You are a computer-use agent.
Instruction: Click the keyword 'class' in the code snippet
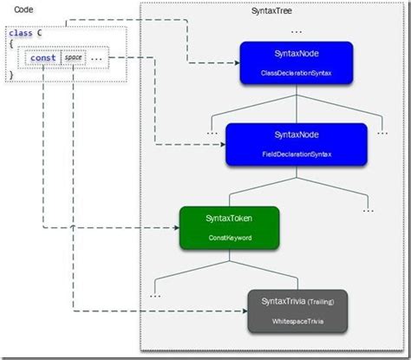pos(22,33)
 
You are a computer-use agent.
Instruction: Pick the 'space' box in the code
pos(73,59)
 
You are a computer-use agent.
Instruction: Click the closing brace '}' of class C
pos(11,75)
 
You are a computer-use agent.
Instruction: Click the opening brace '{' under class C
pos(11,44)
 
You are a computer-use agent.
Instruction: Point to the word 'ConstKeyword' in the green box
pos(228,237)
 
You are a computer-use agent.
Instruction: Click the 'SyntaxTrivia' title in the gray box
pos(283,301)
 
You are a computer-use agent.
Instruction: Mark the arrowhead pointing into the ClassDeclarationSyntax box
pos(237,62)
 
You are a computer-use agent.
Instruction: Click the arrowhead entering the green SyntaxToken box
pos(175,229)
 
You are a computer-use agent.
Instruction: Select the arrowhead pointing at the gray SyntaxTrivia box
pos(245,311)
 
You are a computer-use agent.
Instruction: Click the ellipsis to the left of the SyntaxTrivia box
pos(155,295)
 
